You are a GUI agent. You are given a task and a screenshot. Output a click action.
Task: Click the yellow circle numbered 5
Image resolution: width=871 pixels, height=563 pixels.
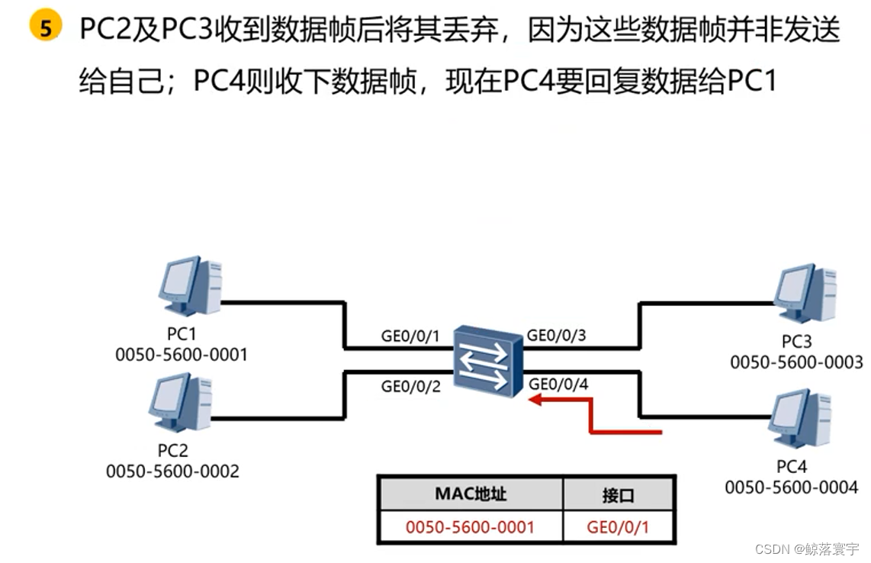[46, 29]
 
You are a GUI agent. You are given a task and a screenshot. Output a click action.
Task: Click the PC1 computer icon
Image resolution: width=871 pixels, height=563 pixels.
[190, 286]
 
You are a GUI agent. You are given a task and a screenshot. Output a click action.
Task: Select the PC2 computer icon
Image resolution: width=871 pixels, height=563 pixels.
[181, 404]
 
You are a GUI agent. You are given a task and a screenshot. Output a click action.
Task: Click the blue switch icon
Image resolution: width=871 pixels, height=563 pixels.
[486, 362]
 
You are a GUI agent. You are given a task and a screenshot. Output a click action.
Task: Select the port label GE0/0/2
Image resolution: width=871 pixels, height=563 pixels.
[411, 386]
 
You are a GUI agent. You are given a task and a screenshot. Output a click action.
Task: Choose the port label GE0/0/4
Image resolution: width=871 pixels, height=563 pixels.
[558, 384]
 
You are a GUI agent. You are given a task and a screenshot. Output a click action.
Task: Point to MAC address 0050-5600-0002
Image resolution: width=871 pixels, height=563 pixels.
[172, 471]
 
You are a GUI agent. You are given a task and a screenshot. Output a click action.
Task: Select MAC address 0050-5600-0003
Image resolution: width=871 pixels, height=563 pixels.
[796, 362]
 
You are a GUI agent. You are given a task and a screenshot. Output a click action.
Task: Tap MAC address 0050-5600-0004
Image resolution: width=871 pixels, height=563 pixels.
[791, 486]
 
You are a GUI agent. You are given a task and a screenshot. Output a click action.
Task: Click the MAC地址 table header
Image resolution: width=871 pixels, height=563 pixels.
[471, 494]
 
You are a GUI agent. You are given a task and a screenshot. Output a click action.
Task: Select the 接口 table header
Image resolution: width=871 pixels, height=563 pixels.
[618, 495]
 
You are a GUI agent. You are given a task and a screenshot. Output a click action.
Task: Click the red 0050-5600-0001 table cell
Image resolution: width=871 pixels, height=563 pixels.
[470, 526]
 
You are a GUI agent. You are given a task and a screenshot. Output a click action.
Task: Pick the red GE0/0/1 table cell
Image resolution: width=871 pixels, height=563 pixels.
[618, 526]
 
